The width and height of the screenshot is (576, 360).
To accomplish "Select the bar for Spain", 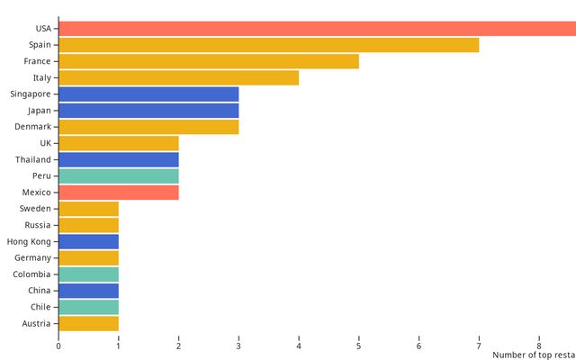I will (x=268, y=45).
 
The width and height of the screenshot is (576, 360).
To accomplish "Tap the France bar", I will (x=209, y=61).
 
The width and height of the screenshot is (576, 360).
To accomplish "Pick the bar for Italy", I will (x=178, y=77).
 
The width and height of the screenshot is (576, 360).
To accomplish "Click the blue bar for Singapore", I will (x=148, y=94).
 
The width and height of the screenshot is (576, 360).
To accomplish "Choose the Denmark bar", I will (x=148, y=127).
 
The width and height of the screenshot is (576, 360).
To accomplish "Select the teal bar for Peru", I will (x=119, y=175).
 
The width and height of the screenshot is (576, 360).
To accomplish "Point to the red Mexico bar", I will (x=119, y=192).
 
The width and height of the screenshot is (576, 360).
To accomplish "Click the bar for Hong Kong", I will (x=88, y=241).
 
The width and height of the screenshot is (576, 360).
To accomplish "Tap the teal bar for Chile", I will (x=88, y=307).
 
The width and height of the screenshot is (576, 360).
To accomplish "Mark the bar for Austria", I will (x=88, y=323).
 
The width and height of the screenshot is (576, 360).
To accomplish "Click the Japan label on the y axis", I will (x=39, y=111).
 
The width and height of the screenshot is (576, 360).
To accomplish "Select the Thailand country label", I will (x=33, y=159).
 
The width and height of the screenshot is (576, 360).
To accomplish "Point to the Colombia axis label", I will (x=31, y=274).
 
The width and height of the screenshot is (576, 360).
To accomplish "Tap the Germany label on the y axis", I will (x=32, y=257).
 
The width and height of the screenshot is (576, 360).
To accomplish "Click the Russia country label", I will (x=38, y=225).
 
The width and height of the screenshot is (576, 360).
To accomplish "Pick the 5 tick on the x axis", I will (x=359, y=346).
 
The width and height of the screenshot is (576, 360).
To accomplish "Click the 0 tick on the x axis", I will (x=58, y=346).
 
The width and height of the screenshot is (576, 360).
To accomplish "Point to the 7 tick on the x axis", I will (x=479, y=346).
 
